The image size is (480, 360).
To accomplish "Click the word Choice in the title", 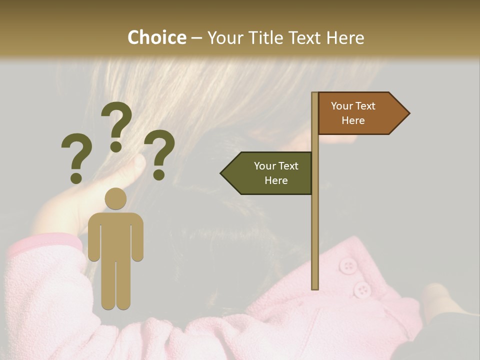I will pyautogui.click(x=156, y=37).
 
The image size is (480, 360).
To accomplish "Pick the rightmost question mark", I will pyautogui.click(x=159, y=154).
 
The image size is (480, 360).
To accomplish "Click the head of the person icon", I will pyautogui.click(x=115, y=199).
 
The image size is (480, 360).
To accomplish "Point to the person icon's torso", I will pyautogui.click(x=115, y=235).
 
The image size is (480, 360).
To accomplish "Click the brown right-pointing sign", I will pyautogui.click(x=357, y=113).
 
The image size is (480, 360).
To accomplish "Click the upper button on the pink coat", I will pyautogui.click(x=347, y=265).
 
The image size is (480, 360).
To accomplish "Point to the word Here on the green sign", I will pyautogui.click(x=276, y=180).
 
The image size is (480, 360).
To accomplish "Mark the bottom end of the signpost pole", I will pyautogui.click(x=315, y=287).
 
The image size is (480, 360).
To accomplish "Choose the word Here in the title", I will pyautogui.click(x=345, y=37).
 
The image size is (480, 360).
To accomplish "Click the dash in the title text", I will pyautogui.click(x=196, y=38).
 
